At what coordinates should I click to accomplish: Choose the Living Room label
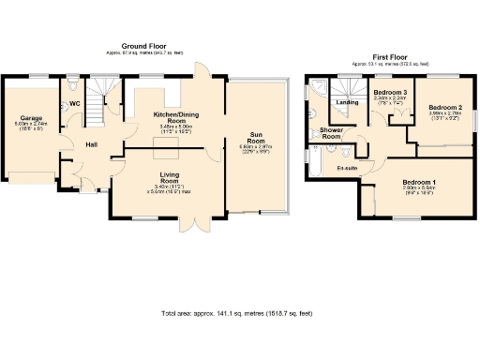(x=143, y=178)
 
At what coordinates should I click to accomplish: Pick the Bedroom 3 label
(x=389, y=94)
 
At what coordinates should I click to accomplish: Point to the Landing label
(x=347, y=102)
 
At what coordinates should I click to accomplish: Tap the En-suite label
(x=348, y=167)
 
